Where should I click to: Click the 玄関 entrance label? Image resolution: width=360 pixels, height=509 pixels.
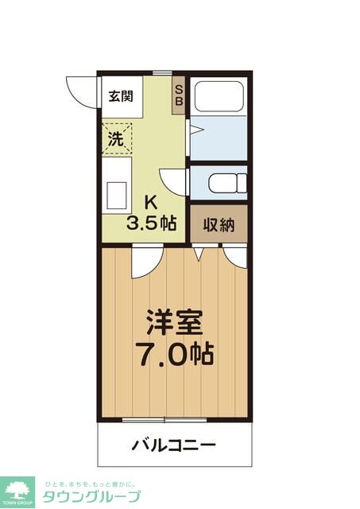(121, 97)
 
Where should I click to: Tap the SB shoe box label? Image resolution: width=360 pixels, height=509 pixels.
(179, 95)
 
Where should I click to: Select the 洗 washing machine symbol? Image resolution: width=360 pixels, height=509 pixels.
(117, 137)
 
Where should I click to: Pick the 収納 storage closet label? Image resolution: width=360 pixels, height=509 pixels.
(218, 225)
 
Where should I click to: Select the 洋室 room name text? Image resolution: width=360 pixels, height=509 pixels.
(174, 322)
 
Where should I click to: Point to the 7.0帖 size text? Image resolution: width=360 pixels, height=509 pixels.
(175, 355)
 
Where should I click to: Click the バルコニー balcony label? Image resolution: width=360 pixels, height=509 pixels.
(173, 444)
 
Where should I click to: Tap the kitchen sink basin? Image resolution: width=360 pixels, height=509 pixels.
(118, 193)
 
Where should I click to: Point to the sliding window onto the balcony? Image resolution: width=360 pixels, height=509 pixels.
(165, 419)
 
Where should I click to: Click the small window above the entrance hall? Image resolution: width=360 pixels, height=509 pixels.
(162, 73)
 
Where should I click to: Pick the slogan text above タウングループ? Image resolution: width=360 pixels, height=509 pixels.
(89, 483)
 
